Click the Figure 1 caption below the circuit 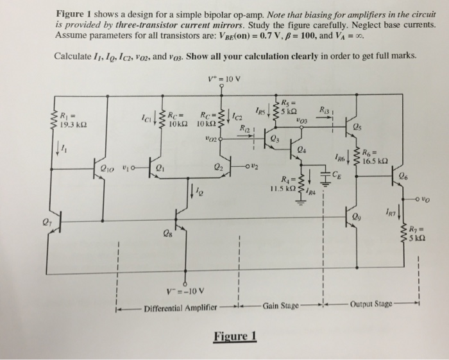coord(235,336)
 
